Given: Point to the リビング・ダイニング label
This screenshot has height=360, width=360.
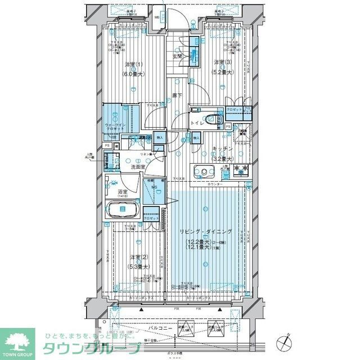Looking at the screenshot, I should point(206,232).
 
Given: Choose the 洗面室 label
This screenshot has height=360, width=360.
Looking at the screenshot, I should point(138,167).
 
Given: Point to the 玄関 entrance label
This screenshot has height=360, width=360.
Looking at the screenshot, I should point(176,56).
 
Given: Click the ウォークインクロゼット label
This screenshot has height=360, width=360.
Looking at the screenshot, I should point(115,125).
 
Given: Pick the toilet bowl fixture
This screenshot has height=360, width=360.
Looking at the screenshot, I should point(211,119).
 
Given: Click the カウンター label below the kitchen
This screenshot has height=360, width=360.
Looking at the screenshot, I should point(214,184).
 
